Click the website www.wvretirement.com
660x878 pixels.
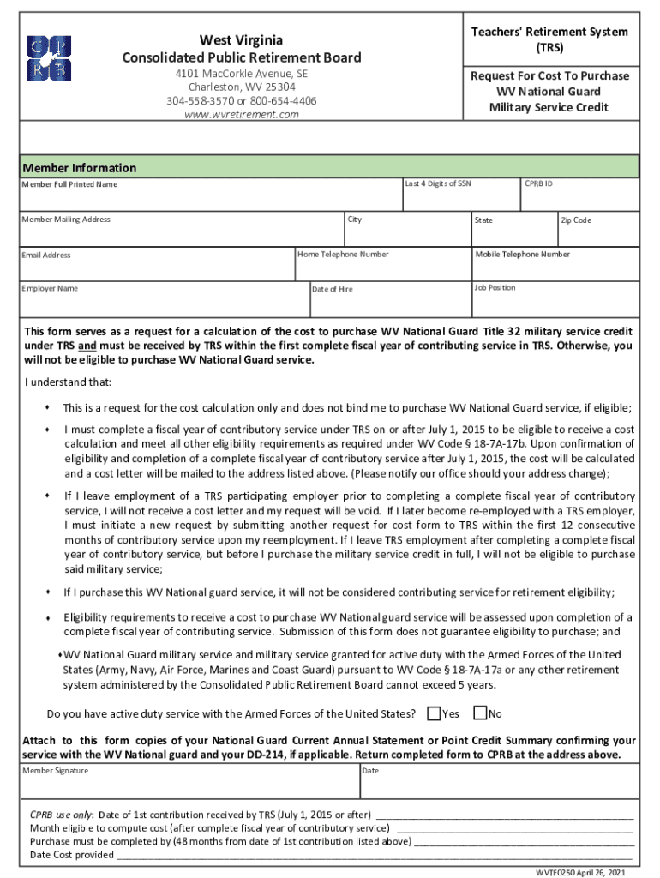click(x=241, y=114)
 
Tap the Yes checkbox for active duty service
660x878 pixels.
click(x=434, y=713)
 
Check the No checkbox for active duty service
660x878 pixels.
click(x=480, y=713)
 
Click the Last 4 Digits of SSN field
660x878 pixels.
click(x=460, y=198)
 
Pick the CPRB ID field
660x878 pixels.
click(x=579, y=198)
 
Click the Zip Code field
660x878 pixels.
click(x=597, y=233)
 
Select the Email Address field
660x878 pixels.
click(x=156, y=268)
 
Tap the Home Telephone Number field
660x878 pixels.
click(x=382, y=268)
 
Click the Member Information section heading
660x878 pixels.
click(x=79, y=168)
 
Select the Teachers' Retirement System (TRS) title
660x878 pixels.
click(x=549, y=39)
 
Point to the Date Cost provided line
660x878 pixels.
click(x=73, y=855)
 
